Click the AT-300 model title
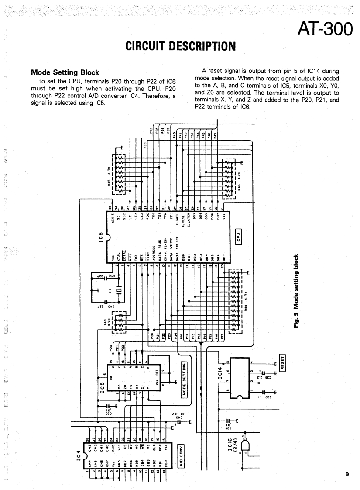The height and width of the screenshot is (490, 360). [325, 29]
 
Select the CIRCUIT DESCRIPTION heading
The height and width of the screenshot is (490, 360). [180, 46]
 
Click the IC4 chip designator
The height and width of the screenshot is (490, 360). [79, 459]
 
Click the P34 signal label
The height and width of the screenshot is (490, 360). [151, 130]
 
